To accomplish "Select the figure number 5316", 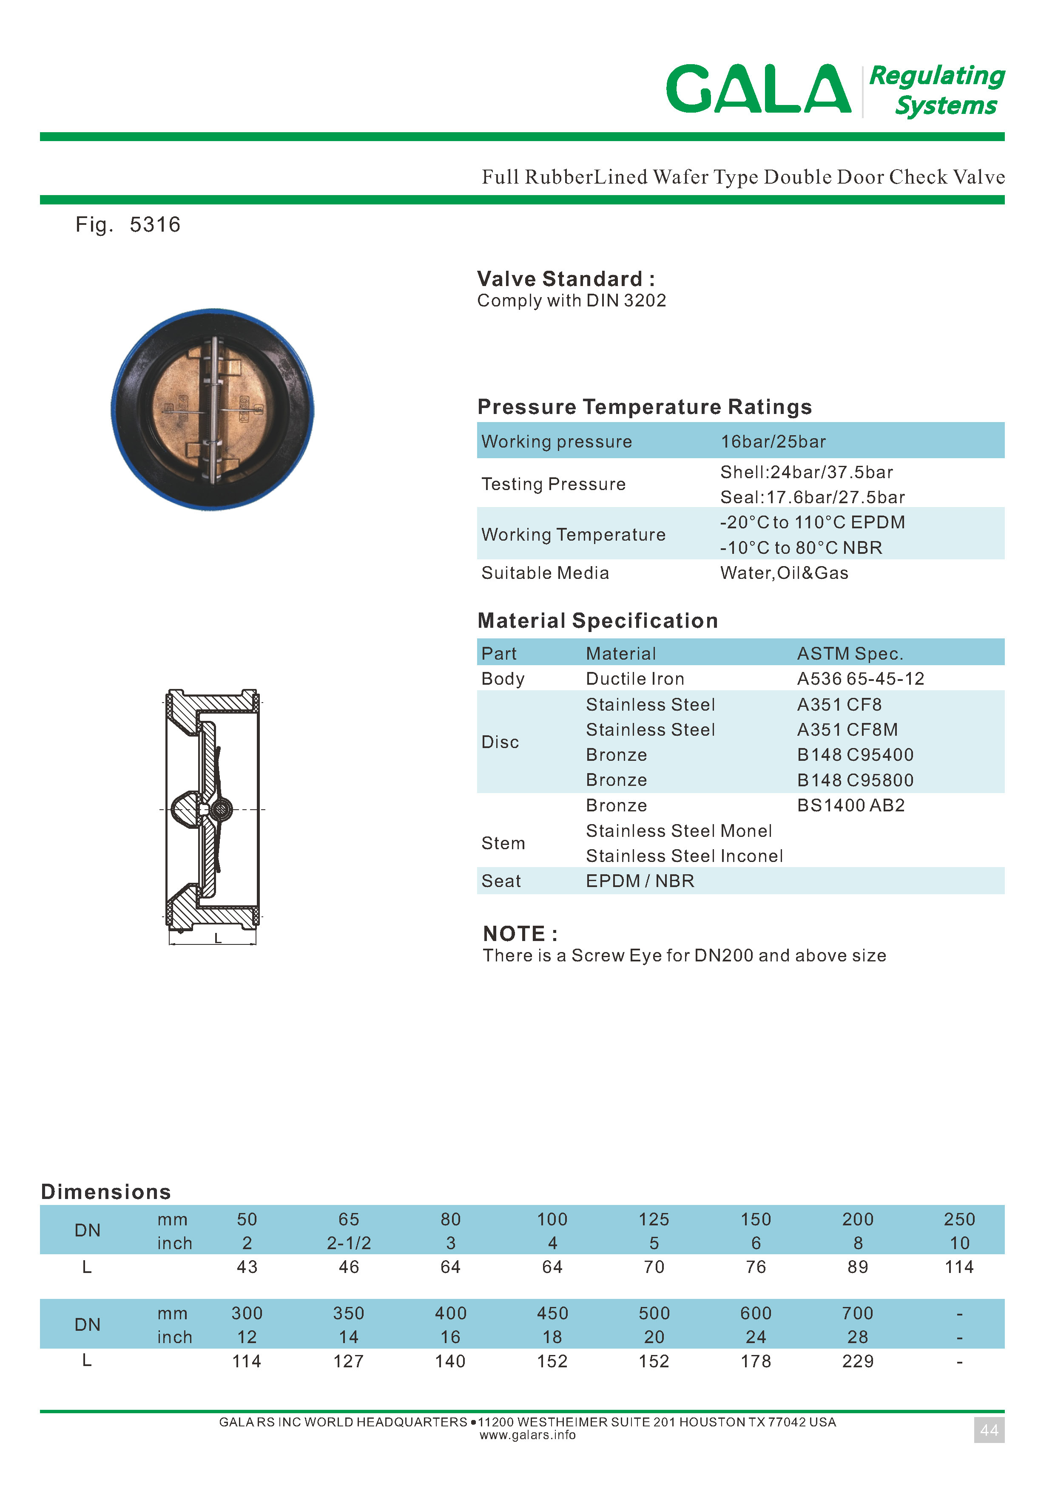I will pyautogui.click(x=155, y=225).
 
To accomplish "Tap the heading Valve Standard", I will pyautogui.click(x=565, y=279).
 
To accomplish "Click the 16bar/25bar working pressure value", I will pyautogui.click(x=773, y=442).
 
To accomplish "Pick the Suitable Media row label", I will pyautogui.click(x=545, y=573).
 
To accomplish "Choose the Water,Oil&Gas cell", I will pyautogui.click(x=784, y=573).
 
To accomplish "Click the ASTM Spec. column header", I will pyautogui.click(x=850, y=653).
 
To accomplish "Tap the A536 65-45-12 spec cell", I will pyautogui.click(x=860, y=679).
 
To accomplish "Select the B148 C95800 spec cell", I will pyautogui.click(x=855, y=780).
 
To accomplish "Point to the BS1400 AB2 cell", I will pyautogui.click(x=850, y=805).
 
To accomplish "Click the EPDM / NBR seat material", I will pyautogui.click(x=640, y=881).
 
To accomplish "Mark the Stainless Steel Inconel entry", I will pyautogui.click(x=684, y=856).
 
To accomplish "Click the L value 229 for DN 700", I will pyautogui.click(x=858, y=1361).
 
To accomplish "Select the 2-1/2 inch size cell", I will pyautogui.click(x=349, y=1243).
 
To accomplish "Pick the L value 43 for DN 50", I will pyautogui.click(x=247, y=1267).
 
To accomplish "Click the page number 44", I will pyautogui.click(x=989, y=1430).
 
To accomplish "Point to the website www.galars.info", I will pyautogui.click(x=527, y=1435).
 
